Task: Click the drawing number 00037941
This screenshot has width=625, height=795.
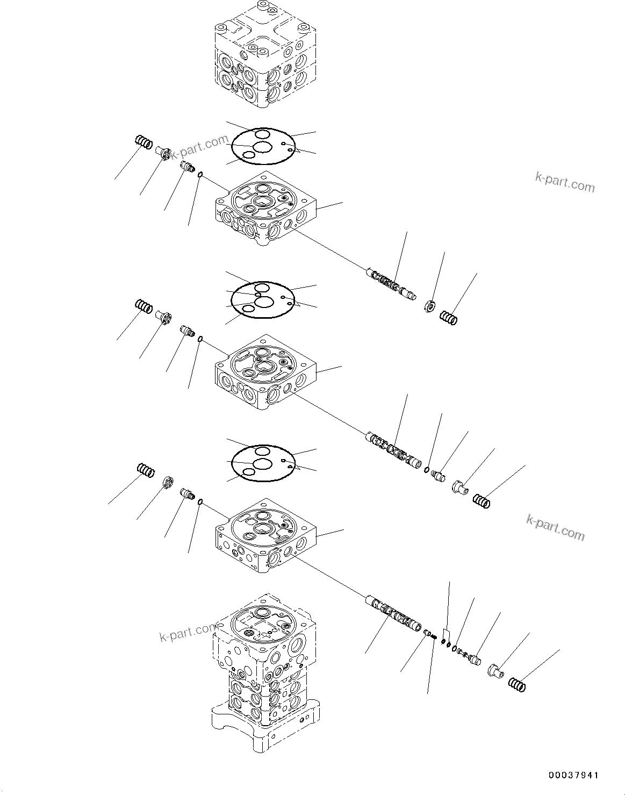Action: click(572, 775)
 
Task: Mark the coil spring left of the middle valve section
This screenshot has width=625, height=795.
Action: click(143, 306)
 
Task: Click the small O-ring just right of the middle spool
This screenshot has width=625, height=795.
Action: click(426, 471)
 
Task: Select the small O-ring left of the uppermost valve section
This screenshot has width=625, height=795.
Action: click(200, 174)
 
